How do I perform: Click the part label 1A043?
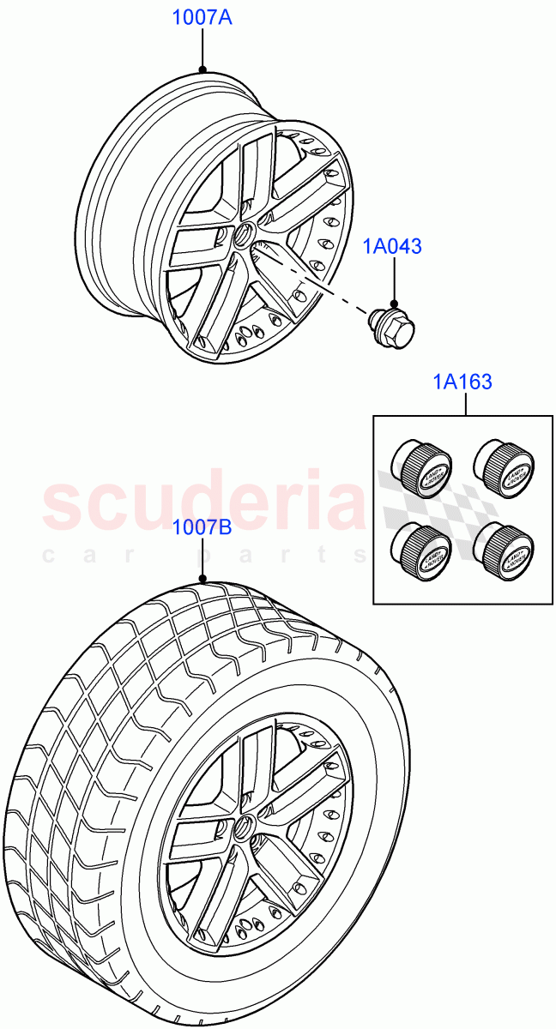392,247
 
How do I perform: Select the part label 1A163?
463,382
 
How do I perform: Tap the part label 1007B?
202,528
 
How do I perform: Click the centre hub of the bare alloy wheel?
243,235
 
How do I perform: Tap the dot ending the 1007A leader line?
202,69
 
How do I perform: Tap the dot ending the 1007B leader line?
202,578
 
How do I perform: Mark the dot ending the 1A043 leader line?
393,303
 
